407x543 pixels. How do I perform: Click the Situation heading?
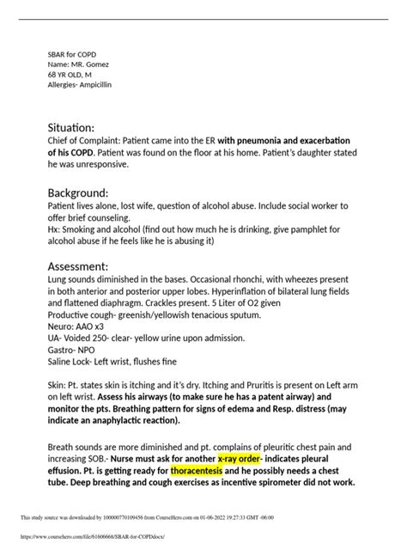(77, 126)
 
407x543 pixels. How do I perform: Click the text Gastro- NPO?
(73, 363)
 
